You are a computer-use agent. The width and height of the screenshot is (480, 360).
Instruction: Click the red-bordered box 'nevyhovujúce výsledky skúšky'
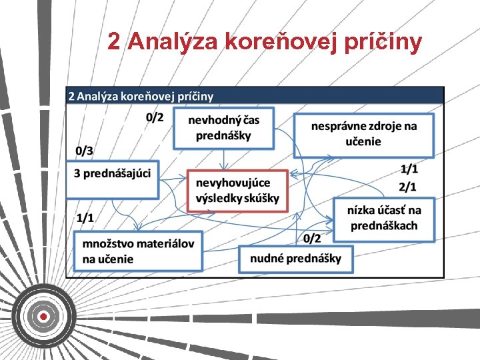237,191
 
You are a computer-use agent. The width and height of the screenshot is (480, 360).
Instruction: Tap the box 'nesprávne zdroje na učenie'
363,135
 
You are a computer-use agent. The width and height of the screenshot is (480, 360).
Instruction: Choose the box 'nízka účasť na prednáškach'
383,219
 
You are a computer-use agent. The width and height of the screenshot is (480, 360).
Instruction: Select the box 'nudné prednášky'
295,259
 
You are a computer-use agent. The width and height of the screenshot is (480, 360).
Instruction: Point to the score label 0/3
85,151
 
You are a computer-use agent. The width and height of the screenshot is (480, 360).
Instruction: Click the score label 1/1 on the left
85,217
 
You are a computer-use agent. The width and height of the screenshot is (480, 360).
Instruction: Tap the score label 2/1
408,186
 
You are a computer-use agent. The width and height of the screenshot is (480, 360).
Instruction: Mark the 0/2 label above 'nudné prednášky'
312,238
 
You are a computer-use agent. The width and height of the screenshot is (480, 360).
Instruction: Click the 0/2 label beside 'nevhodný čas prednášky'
155,118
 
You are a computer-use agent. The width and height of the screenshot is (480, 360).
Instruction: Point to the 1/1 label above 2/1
409,169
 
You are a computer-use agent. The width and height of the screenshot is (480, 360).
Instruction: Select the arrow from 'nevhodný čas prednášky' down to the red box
225,159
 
